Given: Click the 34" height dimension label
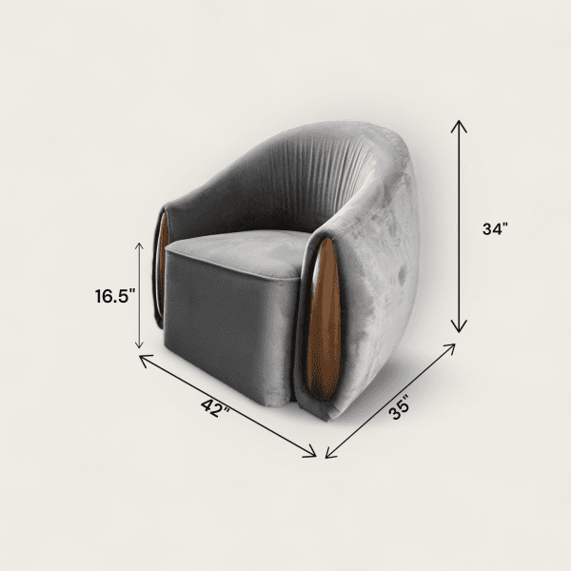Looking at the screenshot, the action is (x=495, y=229).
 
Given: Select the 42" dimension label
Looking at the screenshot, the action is (x=215, y=408).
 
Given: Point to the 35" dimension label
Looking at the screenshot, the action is (x=400, y=408).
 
